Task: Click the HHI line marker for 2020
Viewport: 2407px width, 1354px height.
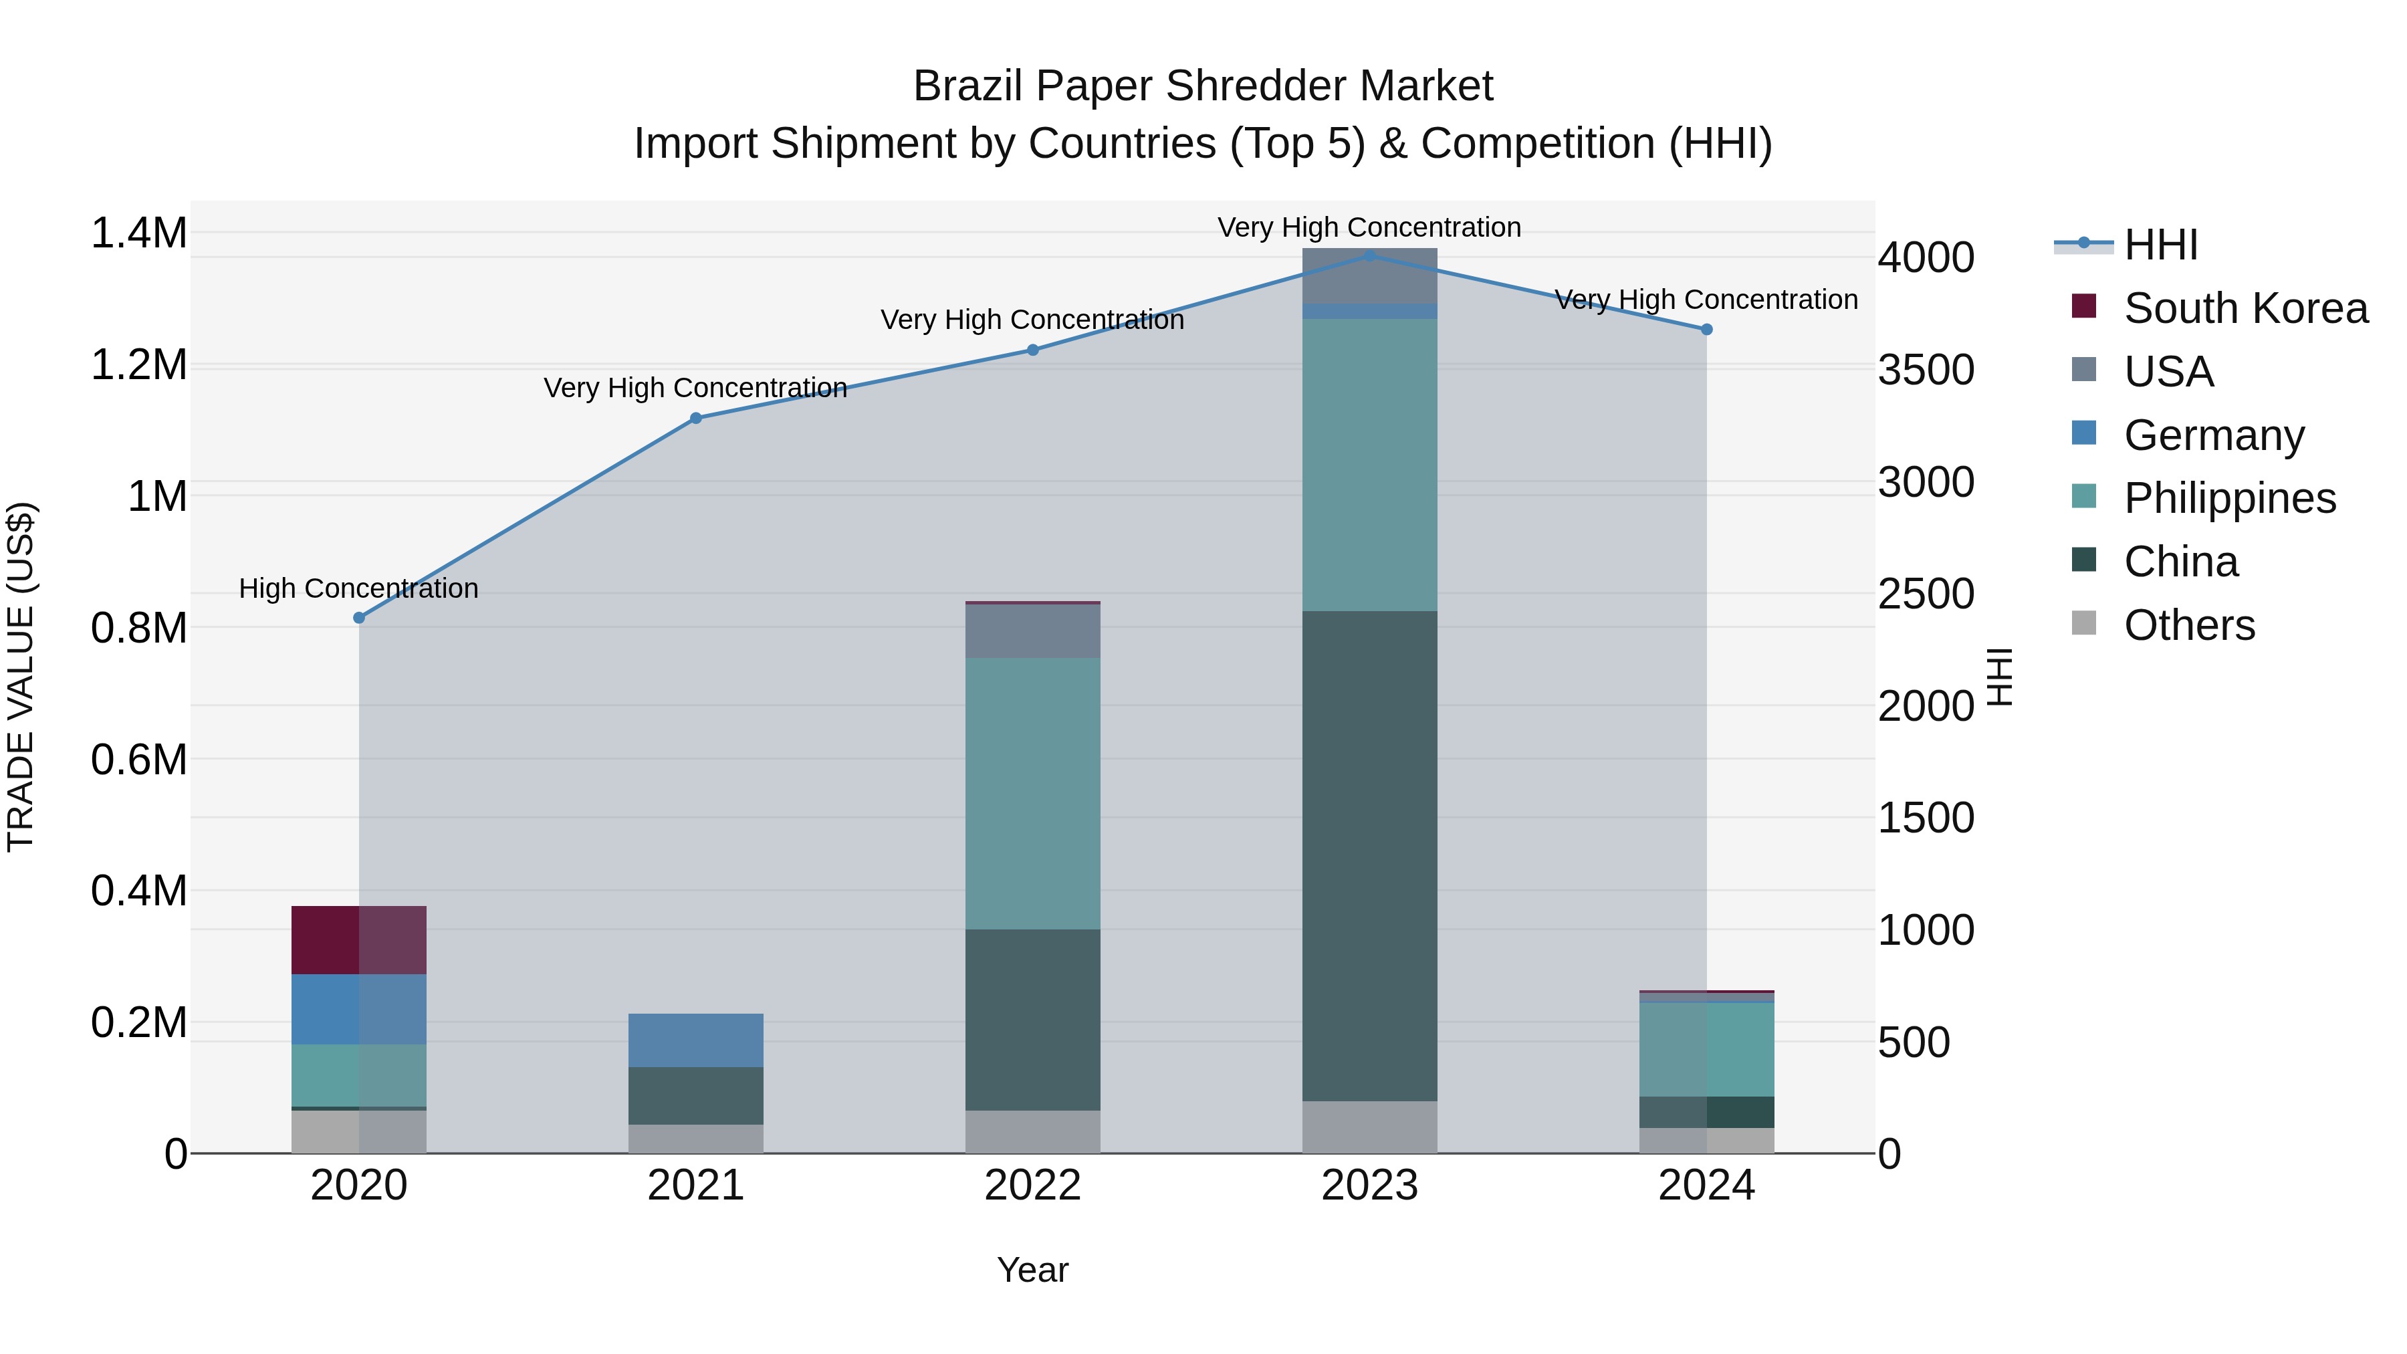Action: click(x=359, y=618)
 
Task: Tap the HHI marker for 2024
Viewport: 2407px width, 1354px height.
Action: click(x=1706, y=329)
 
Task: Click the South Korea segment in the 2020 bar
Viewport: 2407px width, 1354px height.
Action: click(x=359, y=940)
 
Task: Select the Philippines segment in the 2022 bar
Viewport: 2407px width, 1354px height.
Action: click(x=1032, y=792)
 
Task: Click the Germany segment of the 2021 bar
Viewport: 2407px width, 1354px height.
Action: click(x=695, y=1040)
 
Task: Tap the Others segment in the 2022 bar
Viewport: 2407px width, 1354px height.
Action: click(x=1032, y=1131)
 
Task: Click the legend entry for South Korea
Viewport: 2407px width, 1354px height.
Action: click(x=2245, y=308)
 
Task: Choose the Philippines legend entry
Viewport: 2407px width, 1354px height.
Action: click(x=2229, y=498)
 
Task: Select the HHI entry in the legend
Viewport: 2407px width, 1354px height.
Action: click(x=2160, y=245)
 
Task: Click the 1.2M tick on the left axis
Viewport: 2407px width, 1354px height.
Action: click(x=138, y=364)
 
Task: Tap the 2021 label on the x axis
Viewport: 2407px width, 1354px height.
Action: click(x=695, y=1186)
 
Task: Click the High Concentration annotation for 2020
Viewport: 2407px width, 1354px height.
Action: click(x=359, y=588)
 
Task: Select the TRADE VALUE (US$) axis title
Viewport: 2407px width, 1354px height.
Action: click(x=21, y=677)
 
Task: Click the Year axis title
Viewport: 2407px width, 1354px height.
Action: click(x=1032, y=1270)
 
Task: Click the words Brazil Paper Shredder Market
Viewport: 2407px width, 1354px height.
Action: click(x=1203, y=86)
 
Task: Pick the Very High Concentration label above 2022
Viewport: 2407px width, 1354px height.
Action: click(x=1032, y=320)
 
